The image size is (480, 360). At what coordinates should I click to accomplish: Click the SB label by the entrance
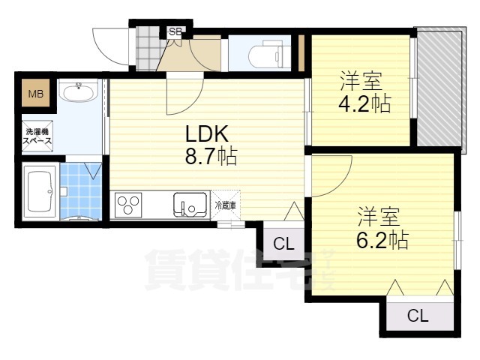[x=175, y=31]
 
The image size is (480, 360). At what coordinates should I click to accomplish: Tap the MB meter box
[x=36, y=93]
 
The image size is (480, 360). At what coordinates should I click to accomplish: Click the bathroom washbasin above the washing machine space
[x=79, y=91]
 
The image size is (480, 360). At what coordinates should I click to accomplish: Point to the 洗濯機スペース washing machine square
[x=37, y=136]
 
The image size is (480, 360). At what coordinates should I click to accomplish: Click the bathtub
[x=40, y=191]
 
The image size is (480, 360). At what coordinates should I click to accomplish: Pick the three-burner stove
[x=128, y=205]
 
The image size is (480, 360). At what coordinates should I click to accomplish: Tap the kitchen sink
[x=190, y=205]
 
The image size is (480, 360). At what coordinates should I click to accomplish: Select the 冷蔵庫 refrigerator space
[x=226, y=205]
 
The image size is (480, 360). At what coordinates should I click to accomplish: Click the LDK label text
[x=207, y=133]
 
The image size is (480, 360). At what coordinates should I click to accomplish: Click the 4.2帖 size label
[x=364, y=103]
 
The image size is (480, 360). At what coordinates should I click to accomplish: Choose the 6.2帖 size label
[x=382, y=239]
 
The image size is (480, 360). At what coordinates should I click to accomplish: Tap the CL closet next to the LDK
[x=283, y=244]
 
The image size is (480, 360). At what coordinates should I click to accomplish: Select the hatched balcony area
[x=439, y=88]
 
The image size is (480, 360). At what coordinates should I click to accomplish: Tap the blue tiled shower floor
[x=81, y=190]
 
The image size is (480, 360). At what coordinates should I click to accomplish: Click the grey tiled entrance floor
[x=148, y=49]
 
